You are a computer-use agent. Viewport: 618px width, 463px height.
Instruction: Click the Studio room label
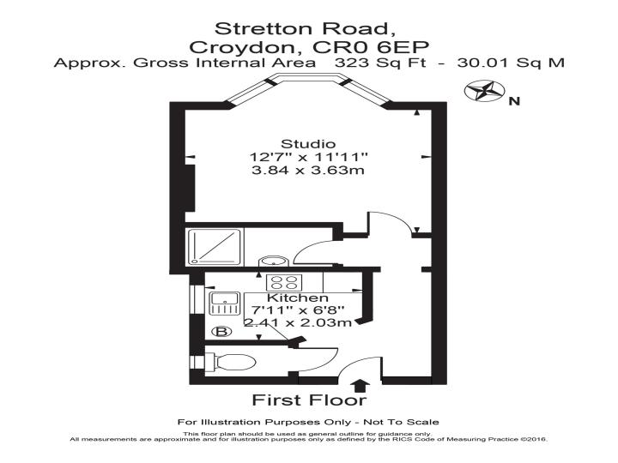point(308,144)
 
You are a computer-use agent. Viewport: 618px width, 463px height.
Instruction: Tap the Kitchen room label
point(298,298)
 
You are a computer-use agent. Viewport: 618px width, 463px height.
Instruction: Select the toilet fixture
point(230,362)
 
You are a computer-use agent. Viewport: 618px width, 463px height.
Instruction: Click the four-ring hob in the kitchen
point(284,283)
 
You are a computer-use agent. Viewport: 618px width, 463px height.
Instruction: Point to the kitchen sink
point(224,304)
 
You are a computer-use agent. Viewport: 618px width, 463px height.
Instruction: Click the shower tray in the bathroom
point(215,247)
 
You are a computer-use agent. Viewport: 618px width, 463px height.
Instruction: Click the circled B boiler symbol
point(221,332)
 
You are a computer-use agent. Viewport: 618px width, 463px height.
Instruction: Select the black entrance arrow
point(360,386)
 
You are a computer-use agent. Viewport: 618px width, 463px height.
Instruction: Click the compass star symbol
point(484,91)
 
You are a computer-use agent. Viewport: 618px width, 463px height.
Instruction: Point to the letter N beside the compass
point(514,101)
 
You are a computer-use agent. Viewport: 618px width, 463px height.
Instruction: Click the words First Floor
point(309,400)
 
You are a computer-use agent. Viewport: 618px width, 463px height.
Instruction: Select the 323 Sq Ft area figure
point(380,63)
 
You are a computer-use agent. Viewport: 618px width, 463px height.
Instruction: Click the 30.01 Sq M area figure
point(511,63)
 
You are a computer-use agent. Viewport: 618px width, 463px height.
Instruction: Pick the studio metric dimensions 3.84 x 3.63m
point(308,171)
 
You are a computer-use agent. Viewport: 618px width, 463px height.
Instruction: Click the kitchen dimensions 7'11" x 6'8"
point(298,310)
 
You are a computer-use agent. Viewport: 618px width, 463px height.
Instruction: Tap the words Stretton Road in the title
point(304,28)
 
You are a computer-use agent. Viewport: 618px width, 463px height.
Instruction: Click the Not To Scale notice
point(401,423)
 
